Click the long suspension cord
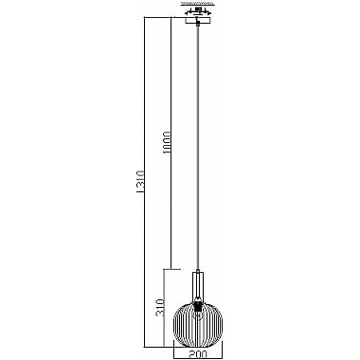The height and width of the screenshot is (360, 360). (197, 142)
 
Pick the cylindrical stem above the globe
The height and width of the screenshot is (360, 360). (197, 284)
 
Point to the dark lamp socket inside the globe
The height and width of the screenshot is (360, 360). (197, 307)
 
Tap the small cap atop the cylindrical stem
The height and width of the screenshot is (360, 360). (197, 268)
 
